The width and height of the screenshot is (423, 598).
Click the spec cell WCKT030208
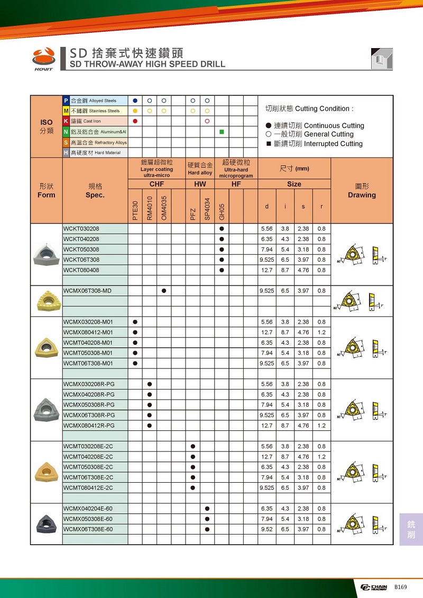81,228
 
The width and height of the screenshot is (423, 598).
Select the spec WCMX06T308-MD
87,291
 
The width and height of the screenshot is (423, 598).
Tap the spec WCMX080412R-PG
89,426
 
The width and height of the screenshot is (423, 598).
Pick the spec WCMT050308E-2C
88,467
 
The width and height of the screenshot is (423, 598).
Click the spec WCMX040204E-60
88,509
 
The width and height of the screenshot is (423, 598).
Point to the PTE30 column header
135,210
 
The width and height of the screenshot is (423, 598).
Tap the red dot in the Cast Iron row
135,121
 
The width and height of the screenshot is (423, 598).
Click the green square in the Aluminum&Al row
222,131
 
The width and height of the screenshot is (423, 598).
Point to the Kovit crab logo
44,56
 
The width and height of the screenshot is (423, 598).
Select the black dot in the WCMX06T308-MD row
164,291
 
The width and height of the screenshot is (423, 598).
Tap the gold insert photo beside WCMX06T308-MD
47,301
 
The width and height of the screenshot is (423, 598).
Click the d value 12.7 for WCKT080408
266,270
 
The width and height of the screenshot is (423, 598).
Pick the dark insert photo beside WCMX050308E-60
47,524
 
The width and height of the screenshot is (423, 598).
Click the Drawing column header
362,195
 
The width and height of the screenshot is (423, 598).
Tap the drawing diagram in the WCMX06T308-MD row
362,301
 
